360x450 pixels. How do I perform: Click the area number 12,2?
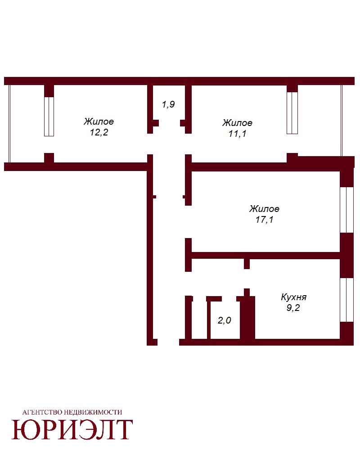99,133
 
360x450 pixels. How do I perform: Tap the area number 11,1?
238,134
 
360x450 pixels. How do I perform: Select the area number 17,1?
265,220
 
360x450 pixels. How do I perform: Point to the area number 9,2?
293,308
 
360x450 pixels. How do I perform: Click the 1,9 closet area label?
168,104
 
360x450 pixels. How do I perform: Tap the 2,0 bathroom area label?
224,320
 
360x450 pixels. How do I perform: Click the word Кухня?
294,297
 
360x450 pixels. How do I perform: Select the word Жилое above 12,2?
99,121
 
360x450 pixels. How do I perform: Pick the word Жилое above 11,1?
238,123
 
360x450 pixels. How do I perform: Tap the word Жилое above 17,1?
265,209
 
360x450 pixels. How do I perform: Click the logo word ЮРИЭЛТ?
72,430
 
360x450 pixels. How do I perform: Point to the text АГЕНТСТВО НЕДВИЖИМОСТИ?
72,412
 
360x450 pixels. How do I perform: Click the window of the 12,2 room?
49,117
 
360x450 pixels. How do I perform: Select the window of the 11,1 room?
292,113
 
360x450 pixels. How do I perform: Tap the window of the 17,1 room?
347,210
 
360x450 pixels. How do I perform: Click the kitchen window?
347,300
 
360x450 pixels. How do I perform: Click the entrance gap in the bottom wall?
168,342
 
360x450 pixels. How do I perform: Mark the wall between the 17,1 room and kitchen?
265,256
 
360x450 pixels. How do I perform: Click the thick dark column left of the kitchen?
247,318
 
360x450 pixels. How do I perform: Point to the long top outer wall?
180,81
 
